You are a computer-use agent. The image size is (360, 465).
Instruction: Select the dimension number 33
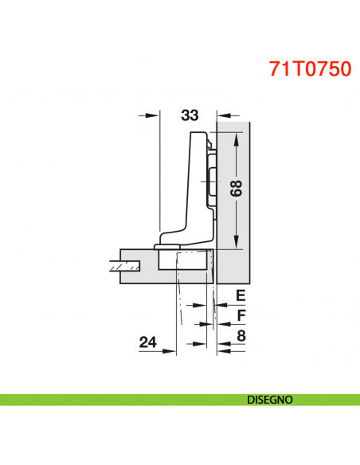(189, 115)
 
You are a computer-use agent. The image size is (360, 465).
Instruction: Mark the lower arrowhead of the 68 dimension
(237, 243)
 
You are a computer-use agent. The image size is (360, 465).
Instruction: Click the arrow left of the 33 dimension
(152, 115)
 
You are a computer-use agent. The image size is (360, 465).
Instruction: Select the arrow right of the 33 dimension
(223, 115)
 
